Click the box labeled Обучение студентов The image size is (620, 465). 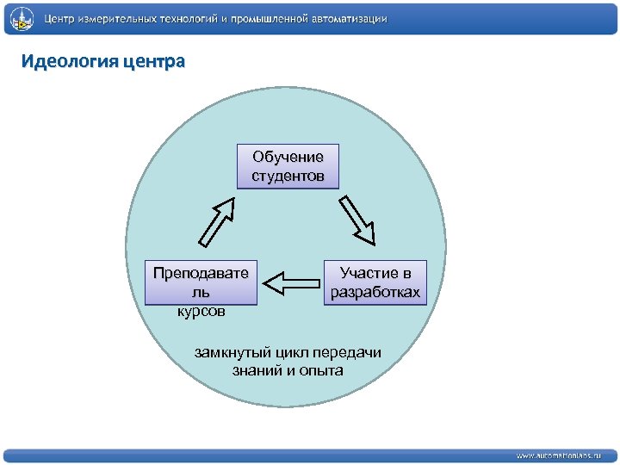[x=288, y=166]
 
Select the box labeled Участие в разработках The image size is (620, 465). [x=375, y=282]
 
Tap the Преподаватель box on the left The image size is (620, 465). [x=201, y=282]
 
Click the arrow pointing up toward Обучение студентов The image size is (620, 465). [x=218, y=221]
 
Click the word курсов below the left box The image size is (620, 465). [x=201, y=311]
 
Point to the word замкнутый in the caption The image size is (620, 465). [x=226, y=353]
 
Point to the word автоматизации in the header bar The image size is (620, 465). [x=347, y=18]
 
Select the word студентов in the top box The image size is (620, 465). [x=288, y=176]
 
